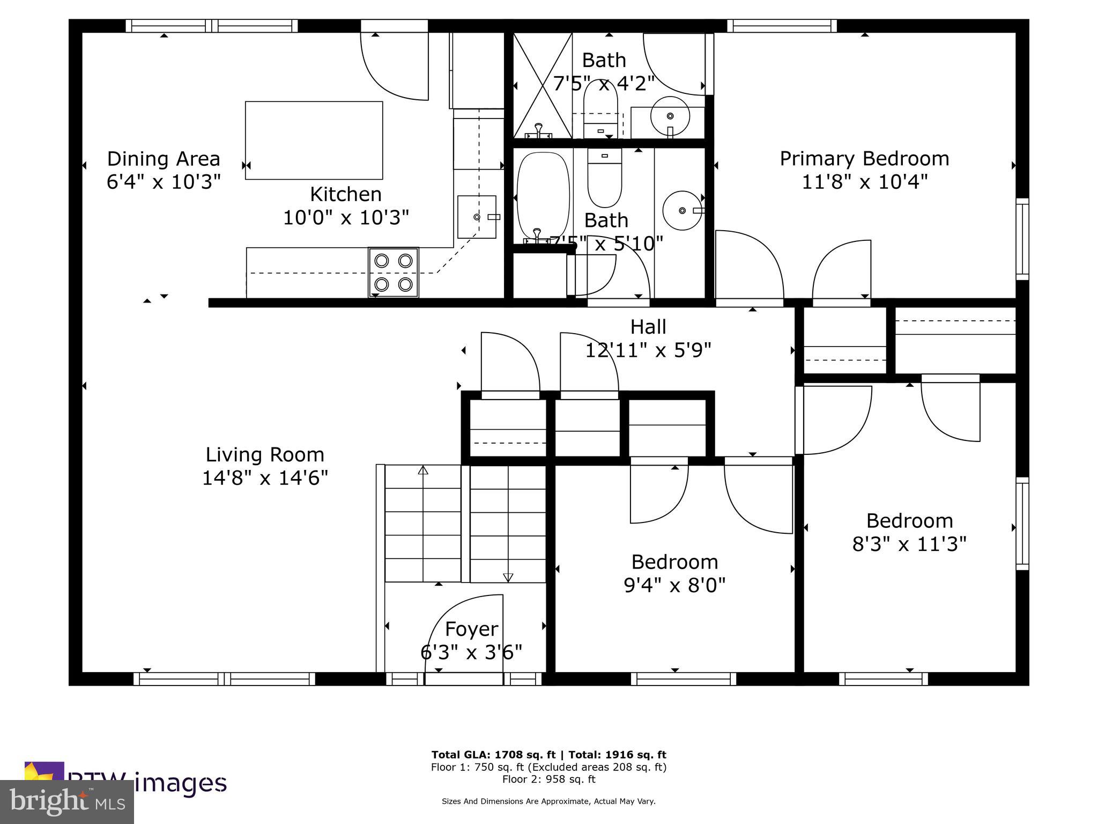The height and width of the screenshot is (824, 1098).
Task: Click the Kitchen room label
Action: coord(346,194)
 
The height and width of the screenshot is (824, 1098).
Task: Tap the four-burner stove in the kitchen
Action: coord(393,272)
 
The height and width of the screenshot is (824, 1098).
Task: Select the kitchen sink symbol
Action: coord(477,217)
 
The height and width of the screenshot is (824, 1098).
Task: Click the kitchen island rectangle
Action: coord(314,140)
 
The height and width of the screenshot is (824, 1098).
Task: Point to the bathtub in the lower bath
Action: coord(543,198)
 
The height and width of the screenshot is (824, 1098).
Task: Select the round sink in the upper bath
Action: coord(670,116)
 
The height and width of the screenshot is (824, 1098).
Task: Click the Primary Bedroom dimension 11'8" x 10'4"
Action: coord(864,182)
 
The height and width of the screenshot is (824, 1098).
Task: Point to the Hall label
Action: coord(648,327)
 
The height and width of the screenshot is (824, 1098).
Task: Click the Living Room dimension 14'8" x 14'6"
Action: coord(265,477)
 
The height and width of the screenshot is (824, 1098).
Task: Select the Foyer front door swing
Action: coord(464,633)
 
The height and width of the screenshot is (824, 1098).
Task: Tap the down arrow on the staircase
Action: coord(508,577)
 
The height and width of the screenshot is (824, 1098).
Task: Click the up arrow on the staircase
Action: coord(423,471)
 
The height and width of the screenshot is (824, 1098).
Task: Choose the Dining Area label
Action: coord(164,159)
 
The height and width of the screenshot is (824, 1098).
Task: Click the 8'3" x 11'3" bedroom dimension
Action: coord(909,545)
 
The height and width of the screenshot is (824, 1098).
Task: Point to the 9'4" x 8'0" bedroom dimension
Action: coord(674,585)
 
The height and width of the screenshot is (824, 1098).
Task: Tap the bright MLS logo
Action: coord(66,803)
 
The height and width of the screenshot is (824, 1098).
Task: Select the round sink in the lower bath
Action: coord(682,210)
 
